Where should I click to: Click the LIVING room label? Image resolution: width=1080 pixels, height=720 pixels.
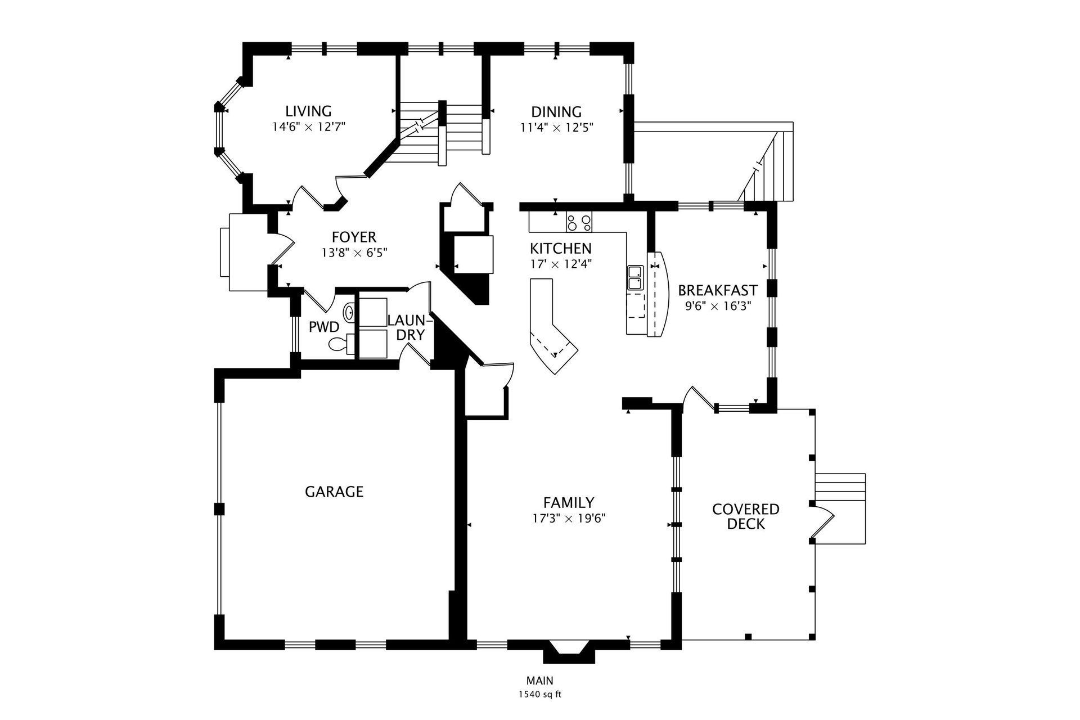308,111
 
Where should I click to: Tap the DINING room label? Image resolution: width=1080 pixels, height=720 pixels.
556,112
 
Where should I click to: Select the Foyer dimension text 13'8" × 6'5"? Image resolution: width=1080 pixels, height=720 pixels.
354,253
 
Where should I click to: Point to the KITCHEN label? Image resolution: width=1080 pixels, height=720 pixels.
560,248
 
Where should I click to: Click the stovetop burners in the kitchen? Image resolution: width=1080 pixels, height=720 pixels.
579,223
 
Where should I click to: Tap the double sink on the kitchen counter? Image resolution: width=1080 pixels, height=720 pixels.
634,278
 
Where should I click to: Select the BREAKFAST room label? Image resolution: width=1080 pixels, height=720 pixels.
717,291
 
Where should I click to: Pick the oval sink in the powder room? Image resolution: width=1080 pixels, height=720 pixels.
349,312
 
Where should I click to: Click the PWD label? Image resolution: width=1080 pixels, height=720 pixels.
324,327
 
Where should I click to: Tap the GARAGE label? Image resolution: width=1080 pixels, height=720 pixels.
334,492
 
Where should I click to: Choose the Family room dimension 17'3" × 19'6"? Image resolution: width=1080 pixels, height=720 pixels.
569,518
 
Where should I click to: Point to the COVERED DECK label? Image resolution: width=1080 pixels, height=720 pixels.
746,516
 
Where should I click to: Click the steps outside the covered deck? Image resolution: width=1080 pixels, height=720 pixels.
840,508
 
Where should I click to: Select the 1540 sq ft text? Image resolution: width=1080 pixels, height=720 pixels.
540,695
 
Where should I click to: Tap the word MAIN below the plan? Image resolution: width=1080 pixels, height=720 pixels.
540,681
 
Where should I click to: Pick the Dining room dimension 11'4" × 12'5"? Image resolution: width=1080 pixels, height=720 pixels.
557,128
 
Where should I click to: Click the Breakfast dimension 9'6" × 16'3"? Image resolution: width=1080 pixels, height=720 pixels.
718,307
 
